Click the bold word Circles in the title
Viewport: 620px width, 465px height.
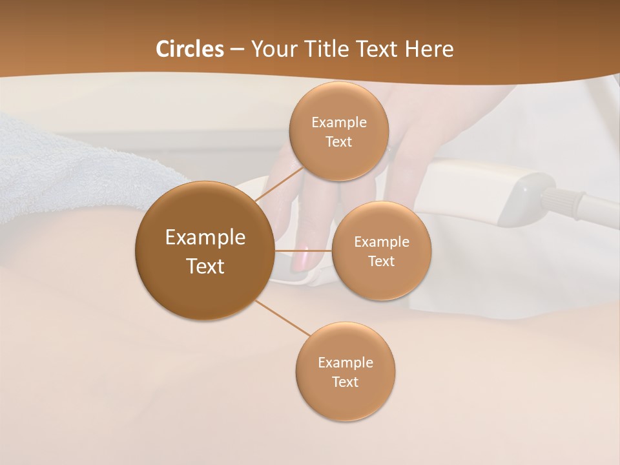click(190, 49)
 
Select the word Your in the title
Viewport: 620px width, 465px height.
click(272, 49)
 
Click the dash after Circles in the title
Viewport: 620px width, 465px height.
click(237, 50)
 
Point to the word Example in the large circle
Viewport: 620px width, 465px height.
click(205, 238)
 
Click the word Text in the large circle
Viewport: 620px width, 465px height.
click(205, 266)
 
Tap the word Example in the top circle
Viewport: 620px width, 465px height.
click(338, 123)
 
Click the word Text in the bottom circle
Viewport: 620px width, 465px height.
click(345, 382)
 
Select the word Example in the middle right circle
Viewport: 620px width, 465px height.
click(382, 242)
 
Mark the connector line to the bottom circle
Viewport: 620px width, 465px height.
click(282, 318)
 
